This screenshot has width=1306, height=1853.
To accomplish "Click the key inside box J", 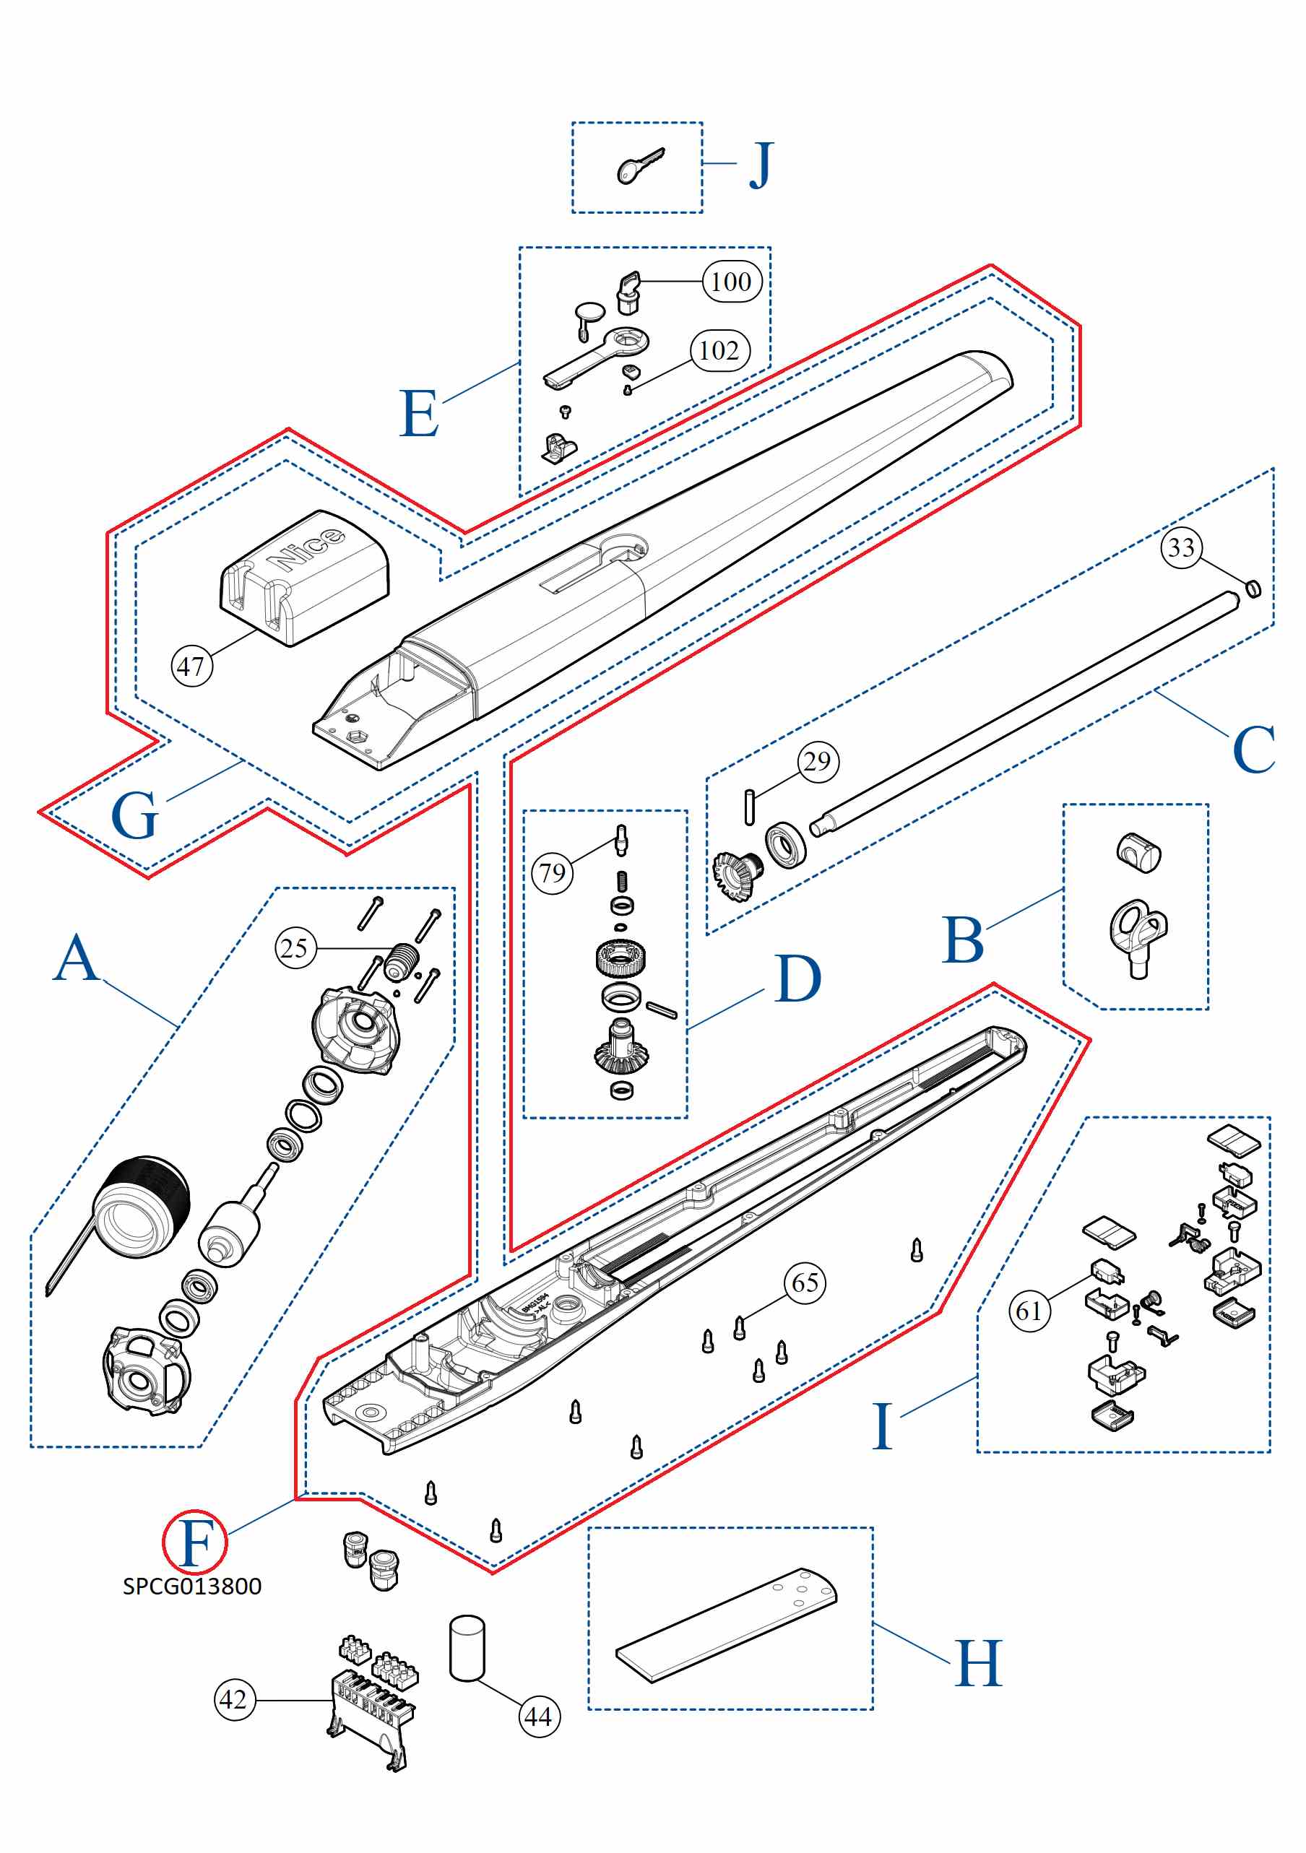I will [x=639, y=166].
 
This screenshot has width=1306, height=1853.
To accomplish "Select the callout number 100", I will [x=731, y=282].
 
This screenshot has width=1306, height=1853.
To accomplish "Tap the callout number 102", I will [x=719, y=350].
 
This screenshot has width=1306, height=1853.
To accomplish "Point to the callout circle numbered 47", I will [x=191, y=667].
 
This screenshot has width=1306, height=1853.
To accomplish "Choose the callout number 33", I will [x=1181, y=548].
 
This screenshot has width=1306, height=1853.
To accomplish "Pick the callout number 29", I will [x=818, y=761].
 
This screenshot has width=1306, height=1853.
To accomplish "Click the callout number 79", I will [x=552, y=872].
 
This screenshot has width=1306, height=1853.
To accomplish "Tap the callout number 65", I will [x=805, y=1283].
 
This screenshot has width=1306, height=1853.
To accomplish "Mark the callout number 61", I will [x=1029, y=1311].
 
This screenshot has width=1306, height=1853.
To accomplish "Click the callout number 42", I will [x=234, y=1700].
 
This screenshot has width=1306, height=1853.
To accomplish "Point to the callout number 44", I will [x=538, y=1717].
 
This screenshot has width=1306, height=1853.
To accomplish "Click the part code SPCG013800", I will [x=192, y=1587].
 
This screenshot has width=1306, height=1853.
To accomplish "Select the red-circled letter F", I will [x=195, y=1542].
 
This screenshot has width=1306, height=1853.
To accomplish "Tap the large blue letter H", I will [x=978, y=1664].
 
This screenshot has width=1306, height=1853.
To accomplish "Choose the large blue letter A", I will [x=77, y=958].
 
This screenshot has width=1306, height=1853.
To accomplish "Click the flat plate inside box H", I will [x=727, y=1627].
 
